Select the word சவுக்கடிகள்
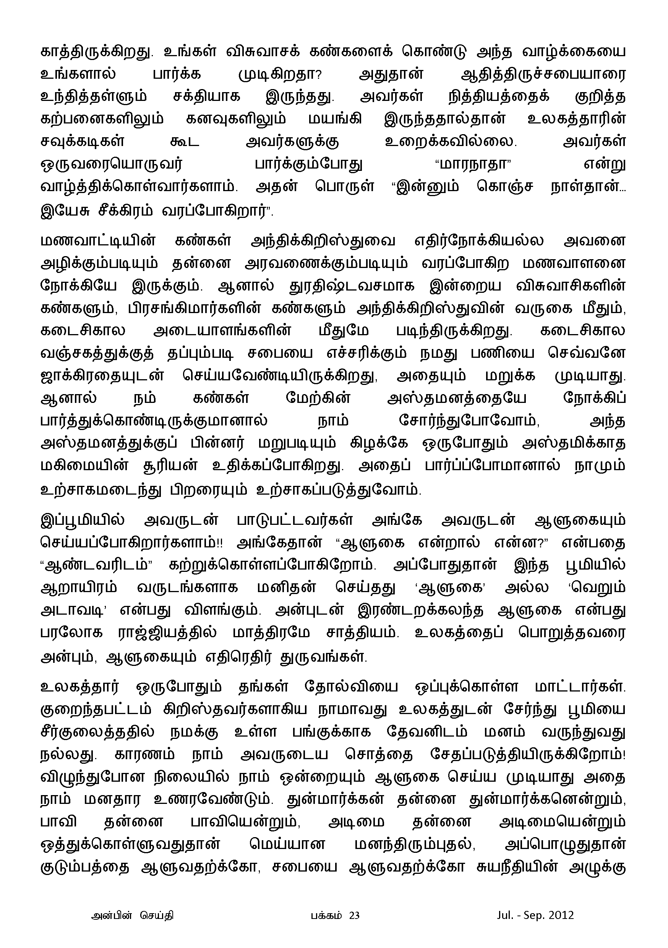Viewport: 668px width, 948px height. click(x=83, y=141)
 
